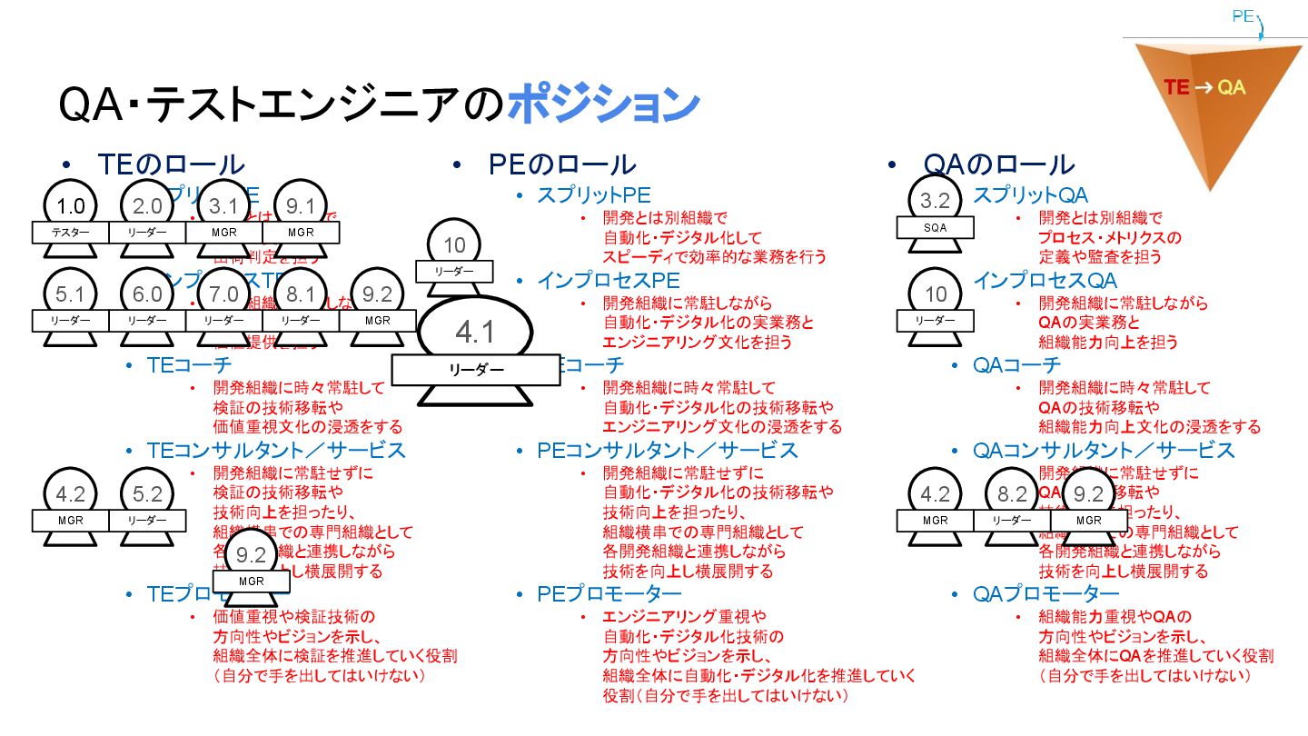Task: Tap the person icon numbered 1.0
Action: pyautogui.click(x=70, y=218)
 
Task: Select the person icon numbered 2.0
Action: pyautogui.click(x=147, y=218)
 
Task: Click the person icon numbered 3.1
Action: pyautogui.click(x=223, y=218)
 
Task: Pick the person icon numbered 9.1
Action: pyautogui.click(x=301, y=218)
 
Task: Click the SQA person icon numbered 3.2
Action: pyautogui.click(x=935, y=214)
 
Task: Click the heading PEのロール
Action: pyautogui.click(x=561, y=164)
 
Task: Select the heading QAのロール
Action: pyautogui.click(x=998, y=164)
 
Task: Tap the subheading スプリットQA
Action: pyautogui.click(x=1030, y=194)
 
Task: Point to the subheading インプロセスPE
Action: pyautogui.click(x=608, y=281)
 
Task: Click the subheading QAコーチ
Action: pyautogui.click(x=1016, y=365)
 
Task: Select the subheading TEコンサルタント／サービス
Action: pyautogui.click(x=276, y=451)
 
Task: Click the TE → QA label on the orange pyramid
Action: pyautogui.click(x=1204, y=87)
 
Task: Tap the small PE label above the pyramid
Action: pyautogui.click(x=1243, y=16)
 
